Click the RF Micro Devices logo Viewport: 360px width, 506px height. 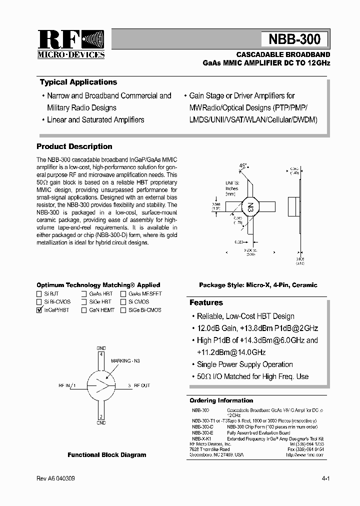(x=70, y=44)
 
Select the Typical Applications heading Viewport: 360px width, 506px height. (x=78, y=82)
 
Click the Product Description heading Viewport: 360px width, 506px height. (x=74, y=146)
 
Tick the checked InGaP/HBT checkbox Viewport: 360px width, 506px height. (x=39, y=310)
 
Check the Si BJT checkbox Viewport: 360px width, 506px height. (x=39, y=294)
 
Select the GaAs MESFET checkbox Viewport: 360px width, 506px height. (x=123, y=294)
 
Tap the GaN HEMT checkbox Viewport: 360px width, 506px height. (x=84, y=310)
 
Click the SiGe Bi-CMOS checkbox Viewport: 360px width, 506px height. (x=123, y=310)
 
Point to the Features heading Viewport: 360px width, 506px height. (x=206, y=302)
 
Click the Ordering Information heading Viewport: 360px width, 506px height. (x=221, y=400)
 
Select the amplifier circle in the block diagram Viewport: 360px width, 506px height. (x=101, y=385)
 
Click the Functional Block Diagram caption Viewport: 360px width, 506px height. (x=107, y=455)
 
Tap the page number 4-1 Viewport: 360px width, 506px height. (x=326, y=478)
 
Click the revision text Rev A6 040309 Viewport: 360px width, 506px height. (x=55, y=478)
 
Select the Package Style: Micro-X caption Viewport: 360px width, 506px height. (x=258, y=285)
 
